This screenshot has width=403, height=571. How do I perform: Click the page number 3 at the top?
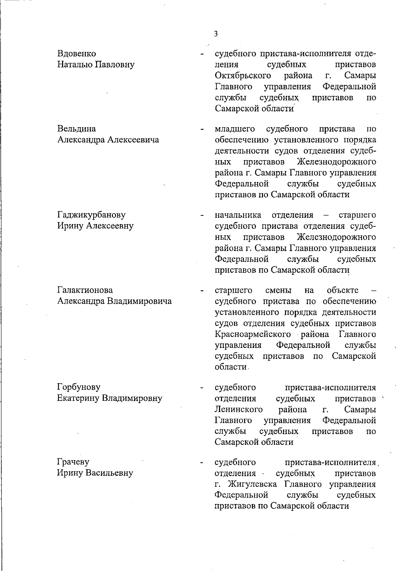216,34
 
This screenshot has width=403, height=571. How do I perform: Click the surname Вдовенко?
77,53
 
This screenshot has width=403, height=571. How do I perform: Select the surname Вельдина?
77,129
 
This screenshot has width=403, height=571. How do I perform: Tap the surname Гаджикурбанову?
91,215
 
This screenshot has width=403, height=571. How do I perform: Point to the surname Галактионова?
85,290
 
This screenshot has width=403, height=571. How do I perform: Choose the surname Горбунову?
79,387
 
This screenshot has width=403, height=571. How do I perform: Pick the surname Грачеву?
73,462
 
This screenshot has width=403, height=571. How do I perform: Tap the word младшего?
235,129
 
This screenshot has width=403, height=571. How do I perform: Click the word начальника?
238,215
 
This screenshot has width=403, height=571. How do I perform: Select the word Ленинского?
238,409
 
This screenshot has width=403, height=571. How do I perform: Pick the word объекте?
343,290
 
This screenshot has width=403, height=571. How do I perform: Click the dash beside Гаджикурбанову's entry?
201,216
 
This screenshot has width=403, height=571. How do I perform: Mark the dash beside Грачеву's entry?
201,463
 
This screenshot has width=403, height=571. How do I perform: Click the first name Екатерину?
78,398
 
